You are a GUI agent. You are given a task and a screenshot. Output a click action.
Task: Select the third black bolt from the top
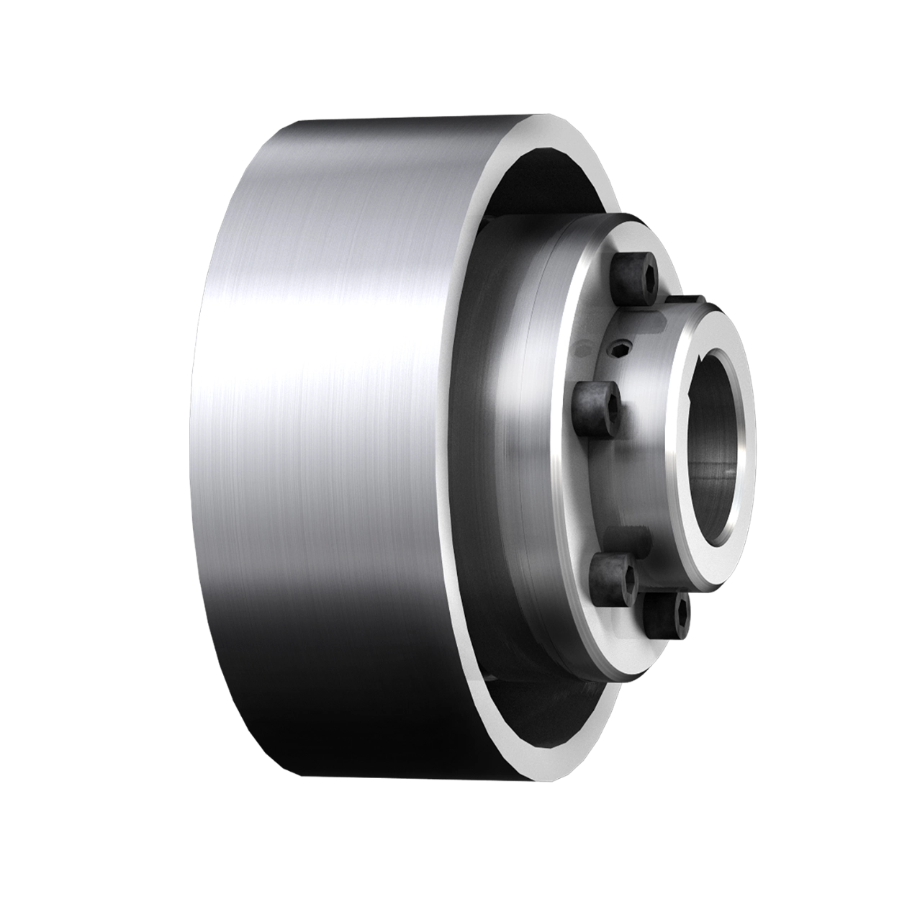(x=614, y=574)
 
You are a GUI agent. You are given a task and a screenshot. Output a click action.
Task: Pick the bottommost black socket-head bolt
(x=667, y=614)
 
